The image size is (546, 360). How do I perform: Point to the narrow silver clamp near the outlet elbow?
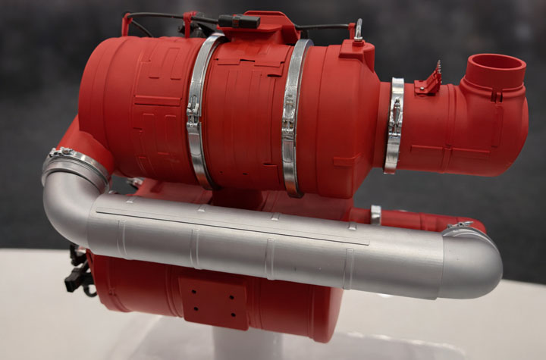[x=394, y=125]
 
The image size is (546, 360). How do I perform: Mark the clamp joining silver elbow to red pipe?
[x=76, y=160]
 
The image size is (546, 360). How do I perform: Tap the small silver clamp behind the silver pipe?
[x=376, y=214]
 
